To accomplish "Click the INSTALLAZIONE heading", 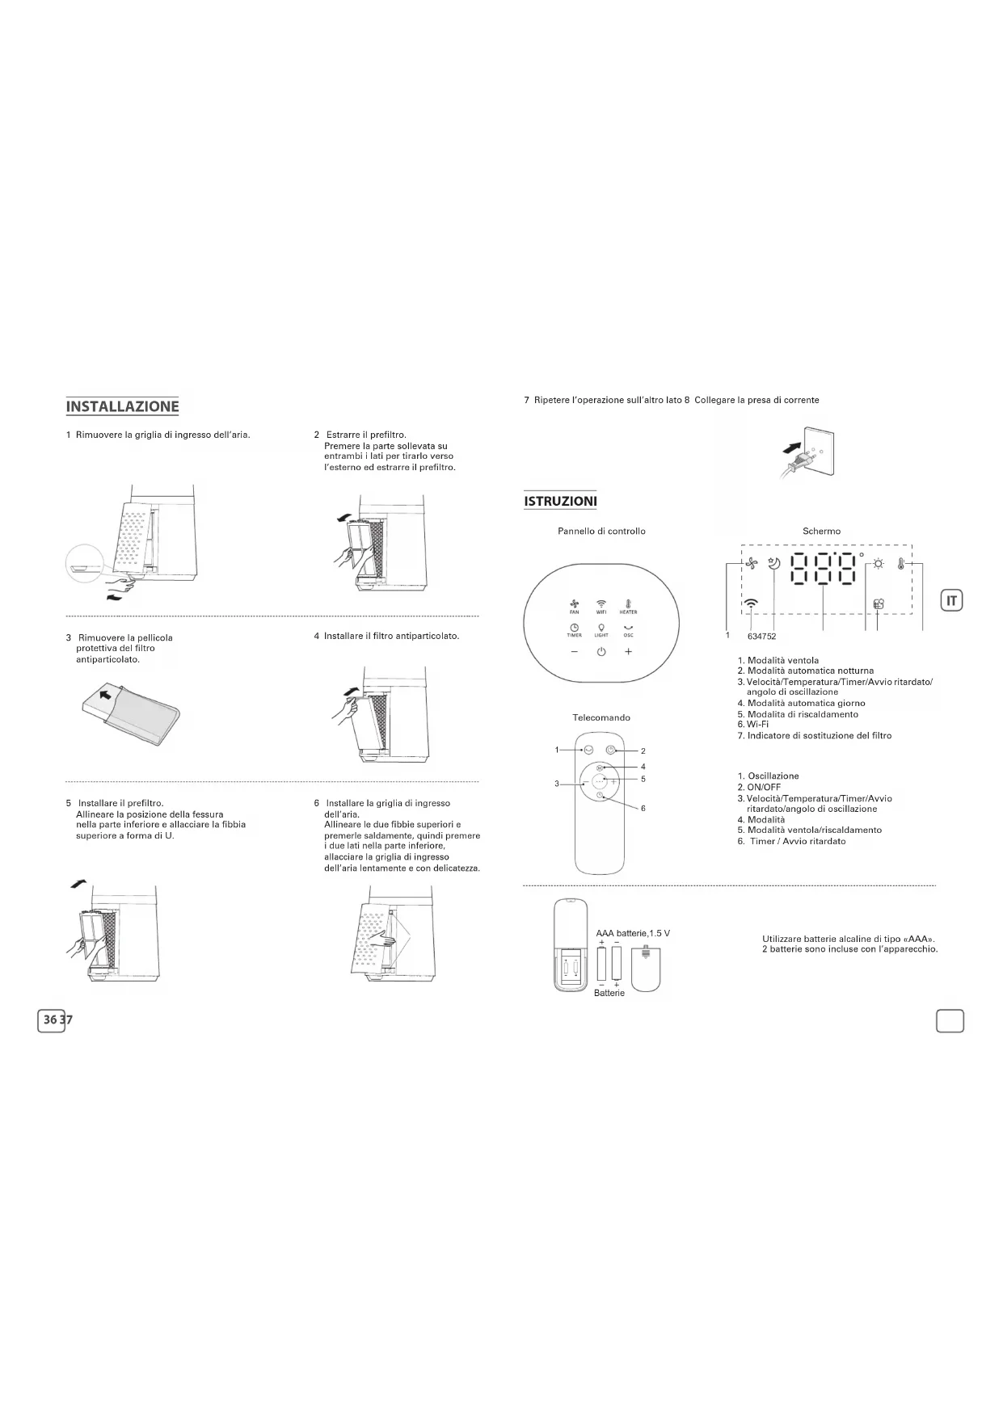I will pyautogui.click(x=122, y=406).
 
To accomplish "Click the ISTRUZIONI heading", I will pyautogui.click(x=560, y=501).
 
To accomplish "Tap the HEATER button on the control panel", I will pyautogui.click(x=628, y=607).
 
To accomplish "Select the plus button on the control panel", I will pyautogui.click(x=628, y=652).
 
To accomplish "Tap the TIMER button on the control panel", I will pyautogui.click(x=574, y=629).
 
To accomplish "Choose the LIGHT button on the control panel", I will pyautogui.click(x=601, y=629).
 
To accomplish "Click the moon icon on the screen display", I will pyautogui.click(x=774, y=564).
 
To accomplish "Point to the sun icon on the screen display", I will pyautogui.click(x=879, y=564).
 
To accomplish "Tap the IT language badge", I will pyautogui.click(x=952, y=600).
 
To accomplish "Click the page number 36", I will pyautogui.click(x=51, y=1020).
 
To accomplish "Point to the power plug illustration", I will pyautogui.click(x=804, y=456).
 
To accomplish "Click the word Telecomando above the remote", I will pyautogui.click(x=601, y=717).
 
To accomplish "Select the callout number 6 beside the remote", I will pyautogui.click(x=643, y=808).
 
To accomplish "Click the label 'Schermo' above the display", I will pyautogui.click(x=821, y=531).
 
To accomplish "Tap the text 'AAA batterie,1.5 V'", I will pyautogui.click(x=633, y=933).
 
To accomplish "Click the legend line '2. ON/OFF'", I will pyautogui.click(x=759, y=787).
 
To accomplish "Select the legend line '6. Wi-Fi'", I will pyautogui.click(x=752, y=725).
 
